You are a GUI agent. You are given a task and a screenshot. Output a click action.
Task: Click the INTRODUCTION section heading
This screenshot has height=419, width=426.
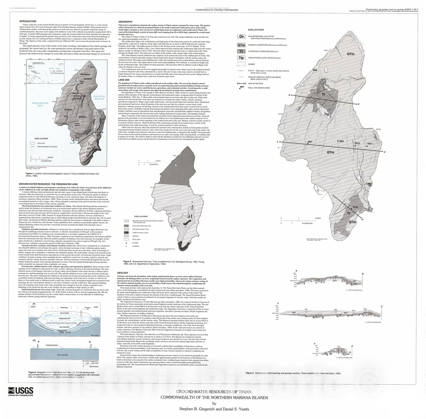(x=28, y=21)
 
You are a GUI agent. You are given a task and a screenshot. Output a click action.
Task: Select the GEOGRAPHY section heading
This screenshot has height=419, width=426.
(x=125, y=22)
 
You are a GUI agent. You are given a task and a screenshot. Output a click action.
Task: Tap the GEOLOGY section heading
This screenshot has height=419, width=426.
(x=122, y=273)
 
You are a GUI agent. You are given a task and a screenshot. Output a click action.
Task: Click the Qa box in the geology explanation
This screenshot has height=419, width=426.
(x=241, y=37)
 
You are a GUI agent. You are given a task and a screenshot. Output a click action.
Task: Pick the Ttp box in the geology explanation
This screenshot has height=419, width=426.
(x=241, y=57)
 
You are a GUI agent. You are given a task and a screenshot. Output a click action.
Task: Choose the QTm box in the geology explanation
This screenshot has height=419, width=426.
(x=241, y=45)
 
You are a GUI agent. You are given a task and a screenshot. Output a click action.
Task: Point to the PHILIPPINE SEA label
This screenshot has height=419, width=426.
(x=40, y=104)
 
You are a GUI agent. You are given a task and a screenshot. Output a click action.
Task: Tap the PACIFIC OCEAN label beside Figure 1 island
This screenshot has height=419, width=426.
(x=99, y=97)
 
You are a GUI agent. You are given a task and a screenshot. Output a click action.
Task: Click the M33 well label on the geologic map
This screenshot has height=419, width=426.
(x=342, y=141)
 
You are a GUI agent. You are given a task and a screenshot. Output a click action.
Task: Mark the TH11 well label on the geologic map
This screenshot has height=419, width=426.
(x=370, y=144)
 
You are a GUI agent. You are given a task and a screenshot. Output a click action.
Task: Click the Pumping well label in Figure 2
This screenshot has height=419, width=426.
(x=87, y=309)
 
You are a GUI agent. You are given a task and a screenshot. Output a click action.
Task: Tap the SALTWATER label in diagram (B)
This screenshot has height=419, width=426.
(x=63, y=355)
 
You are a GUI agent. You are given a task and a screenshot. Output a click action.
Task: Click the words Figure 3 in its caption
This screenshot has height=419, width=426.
(x=128, y=262)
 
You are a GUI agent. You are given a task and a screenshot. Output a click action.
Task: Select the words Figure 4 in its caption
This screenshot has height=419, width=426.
(x=250, y=373)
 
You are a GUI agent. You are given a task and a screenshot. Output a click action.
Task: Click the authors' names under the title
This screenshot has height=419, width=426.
(x=214, y=409)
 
